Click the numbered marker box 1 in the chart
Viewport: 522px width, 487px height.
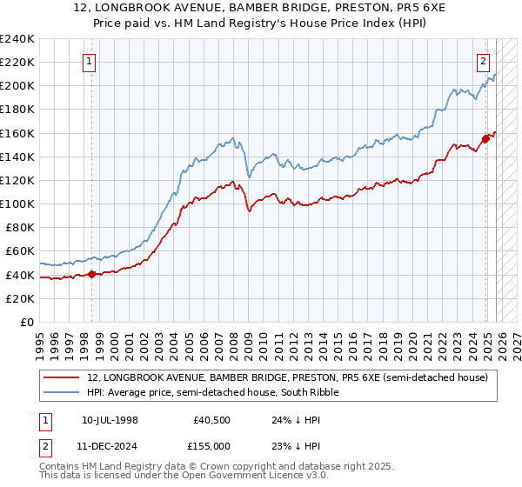click(x=91, y=61)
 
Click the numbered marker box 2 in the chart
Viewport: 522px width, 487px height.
click(x=483, y=61)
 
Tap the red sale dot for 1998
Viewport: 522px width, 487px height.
click(x=92, y=274)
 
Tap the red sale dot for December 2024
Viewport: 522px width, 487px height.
click(x=485, y=138)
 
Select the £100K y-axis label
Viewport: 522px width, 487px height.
click(x=18, y=203)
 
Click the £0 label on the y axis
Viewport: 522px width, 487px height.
click(x=27, y=322)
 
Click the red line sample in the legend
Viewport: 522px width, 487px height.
click(x=61, y=378)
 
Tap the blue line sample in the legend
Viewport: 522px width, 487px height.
click(x=61, y=393)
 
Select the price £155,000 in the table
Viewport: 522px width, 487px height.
click(x=212, y=445)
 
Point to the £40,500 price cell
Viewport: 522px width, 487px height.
click(x=212, y=419)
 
